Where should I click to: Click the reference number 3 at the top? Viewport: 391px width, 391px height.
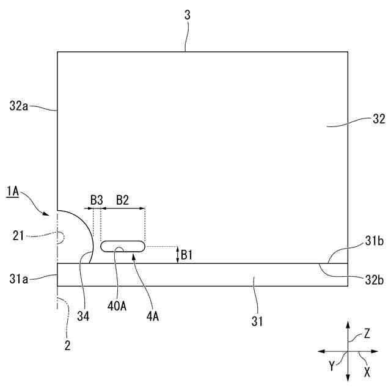pos(188,15)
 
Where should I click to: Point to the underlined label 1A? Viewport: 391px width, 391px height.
pos(13,194)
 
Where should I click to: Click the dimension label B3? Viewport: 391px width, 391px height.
pos(97,200)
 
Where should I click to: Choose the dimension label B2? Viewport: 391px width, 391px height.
pos(123,200)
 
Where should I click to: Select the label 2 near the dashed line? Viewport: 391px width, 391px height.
pos(67,345)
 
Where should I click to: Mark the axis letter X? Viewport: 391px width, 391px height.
pos(367,371)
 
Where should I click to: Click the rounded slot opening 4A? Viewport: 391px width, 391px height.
pos(123,246)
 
